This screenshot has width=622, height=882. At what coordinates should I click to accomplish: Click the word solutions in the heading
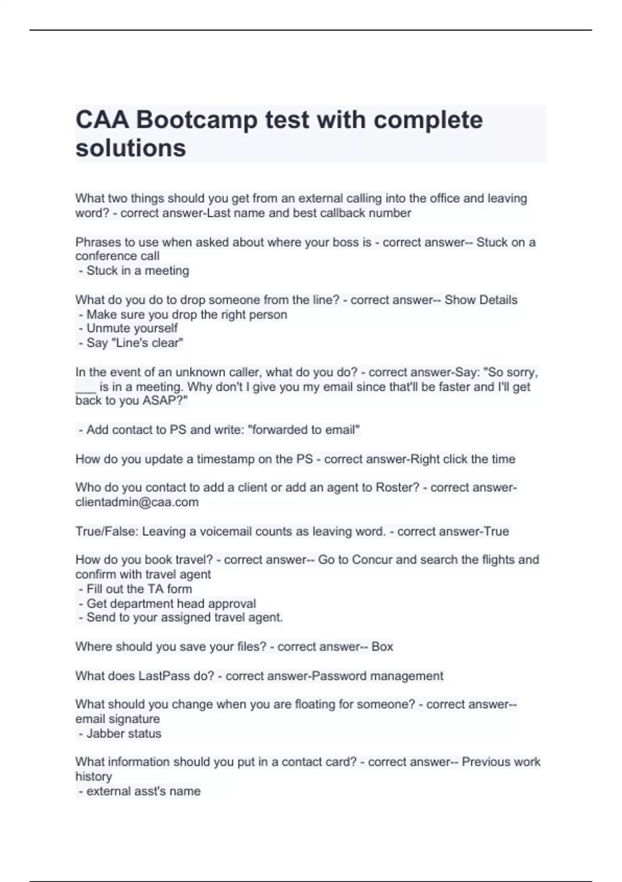tap(131, 148)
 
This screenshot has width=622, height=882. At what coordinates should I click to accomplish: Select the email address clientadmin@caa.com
tap(137, 502)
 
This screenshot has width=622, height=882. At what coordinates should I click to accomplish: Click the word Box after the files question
tap(382, 647)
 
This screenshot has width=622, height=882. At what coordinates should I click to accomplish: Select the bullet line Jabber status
tap(123, 734)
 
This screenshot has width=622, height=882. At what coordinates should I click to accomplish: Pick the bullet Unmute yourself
tap(132, 328)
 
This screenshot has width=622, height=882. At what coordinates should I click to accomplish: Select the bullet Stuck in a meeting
tap(137, 271)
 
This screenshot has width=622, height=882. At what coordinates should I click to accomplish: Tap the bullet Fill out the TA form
tap(139, 589)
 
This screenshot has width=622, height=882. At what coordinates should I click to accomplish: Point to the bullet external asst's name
tap(143, 791)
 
